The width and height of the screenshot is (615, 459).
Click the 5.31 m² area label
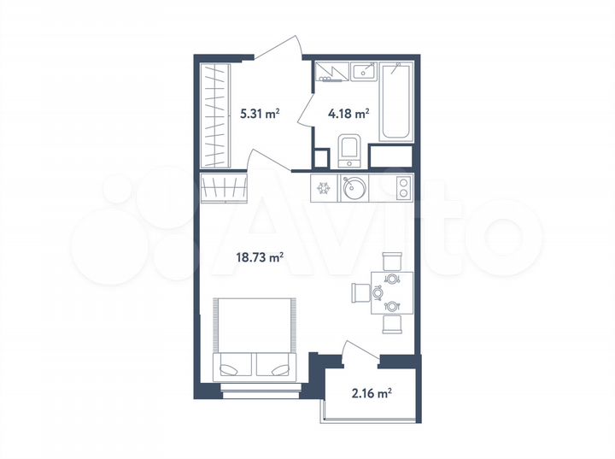click(x=259, y=112)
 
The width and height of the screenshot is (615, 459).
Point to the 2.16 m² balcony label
click(x=372, y=394)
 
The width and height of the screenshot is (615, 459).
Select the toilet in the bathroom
click(x=350, y=150)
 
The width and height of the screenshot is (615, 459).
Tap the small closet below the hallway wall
click(x=224, y=187)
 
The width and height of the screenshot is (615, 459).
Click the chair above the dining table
click(x=392, y=260)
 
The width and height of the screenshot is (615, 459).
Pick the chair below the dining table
click(x=392, y=324)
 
